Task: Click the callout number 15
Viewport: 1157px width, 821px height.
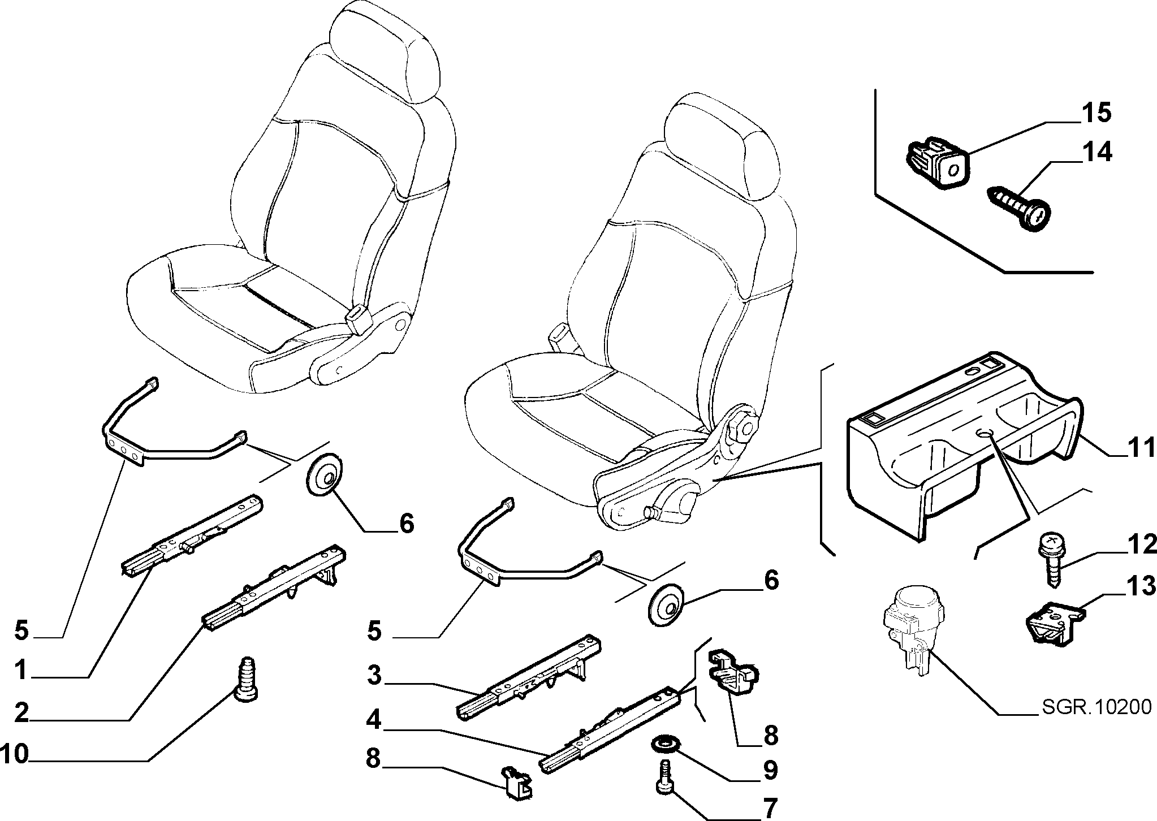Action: [1096, 113]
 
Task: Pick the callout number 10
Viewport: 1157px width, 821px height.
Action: [14, 754]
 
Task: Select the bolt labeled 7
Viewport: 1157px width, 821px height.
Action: [664, 777]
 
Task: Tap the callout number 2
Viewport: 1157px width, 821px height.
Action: [21, 713]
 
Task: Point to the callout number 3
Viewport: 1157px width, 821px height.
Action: [373, 676]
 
